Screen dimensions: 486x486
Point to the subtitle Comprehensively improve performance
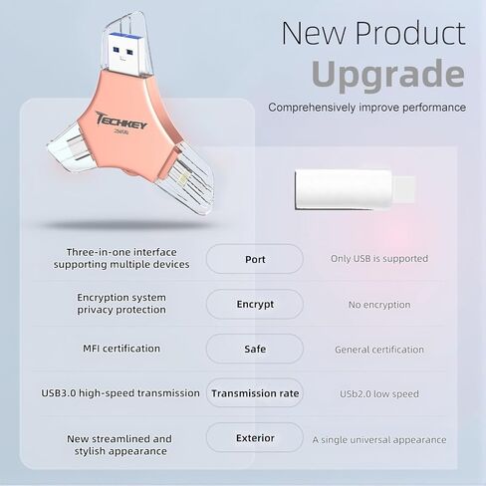(x=366, y=107)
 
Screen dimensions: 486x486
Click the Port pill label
(x=255, y=259)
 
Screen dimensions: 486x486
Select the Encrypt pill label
(x=255, y=304)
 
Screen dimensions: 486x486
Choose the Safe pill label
(x=255, y=349)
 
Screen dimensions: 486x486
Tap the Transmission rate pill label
(x=255, y=393)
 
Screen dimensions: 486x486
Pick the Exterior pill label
(x=255, y=438)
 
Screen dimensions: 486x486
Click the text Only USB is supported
(x=379, y=259)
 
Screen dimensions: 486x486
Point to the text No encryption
(x=379, y=305)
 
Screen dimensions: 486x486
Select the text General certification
(x=379, y=350)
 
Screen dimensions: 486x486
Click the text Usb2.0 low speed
(x=379, y=394)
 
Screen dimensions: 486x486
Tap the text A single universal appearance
(x=379, y=439)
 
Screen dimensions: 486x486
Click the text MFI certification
(x=121, y=349)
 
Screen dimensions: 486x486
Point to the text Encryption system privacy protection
(x=121, y=304)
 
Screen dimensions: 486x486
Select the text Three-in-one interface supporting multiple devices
(x=121, y=259)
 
